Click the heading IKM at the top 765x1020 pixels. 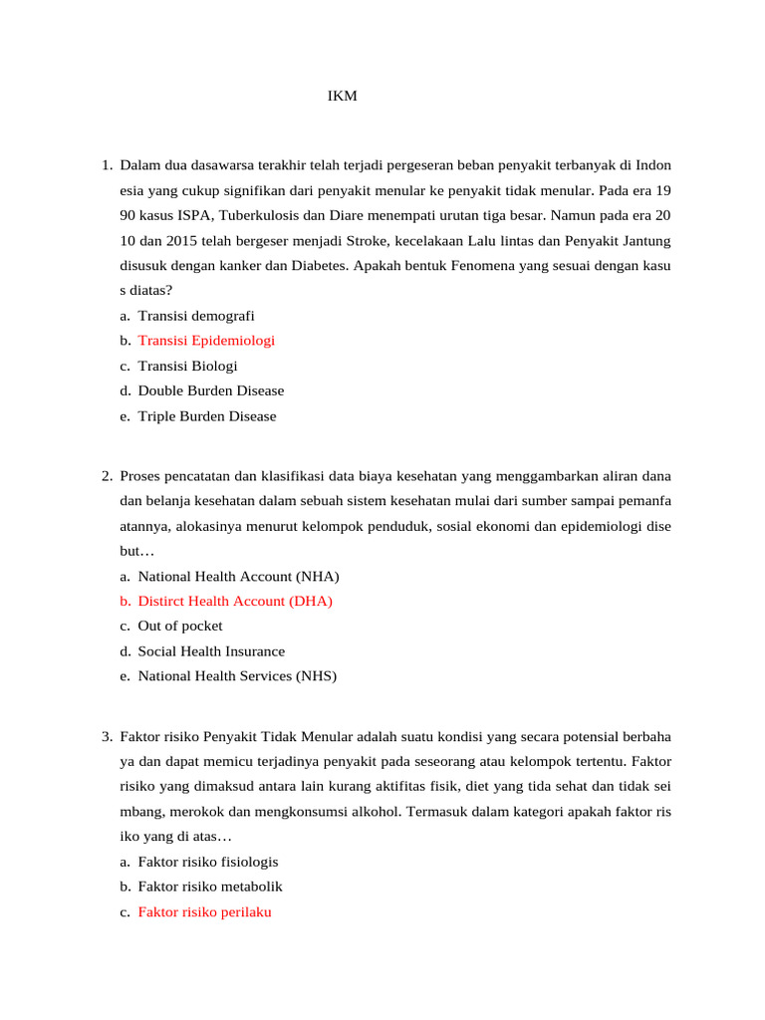pos(342,97)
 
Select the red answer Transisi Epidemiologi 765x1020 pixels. pos(206,341)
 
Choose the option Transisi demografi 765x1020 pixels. pos(196,316)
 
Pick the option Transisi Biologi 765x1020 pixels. pos(187,366)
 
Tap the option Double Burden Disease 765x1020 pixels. pos(211,390)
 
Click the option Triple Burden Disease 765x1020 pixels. pos(207,416)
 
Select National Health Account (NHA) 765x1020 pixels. pos(238,576)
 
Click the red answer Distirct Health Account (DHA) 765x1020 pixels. pos(235,601)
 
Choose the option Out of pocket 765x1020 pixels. pos(180,626)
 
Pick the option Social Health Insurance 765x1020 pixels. pos(211,651)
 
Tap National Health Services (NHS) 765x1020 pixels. pos(237,676)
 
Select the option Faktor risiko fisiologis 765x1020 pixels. pos(208,862)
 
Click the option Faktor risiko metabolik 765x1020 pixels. pos(210,887)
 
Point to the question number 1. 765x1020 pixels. pos(106,164)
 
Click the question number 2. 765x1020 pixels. pos(106,475)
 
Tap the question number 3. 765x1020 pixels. pos(106,737)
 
